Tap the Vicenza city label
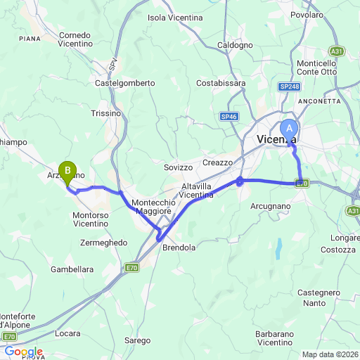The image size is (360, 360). (274, 139)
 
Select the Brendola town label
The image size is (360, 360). (179, 248)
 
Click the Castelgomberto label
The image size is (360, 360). (124, 83)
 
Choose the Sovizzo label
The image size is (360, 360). (178, 167)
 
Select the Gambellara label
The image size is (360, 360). (72, 269)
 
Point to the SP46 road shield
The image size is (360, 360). (229, 116)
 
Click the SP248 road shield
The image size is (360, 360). (288, 86)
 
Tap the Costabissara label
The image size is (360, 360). (221, 83)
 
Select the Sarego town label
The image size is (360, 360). (138, 340)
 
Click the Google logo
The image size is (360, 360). (23, 352)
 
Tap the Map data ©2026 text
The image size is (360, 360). (330, 354)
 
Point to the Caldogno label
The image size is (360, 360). (235, 45)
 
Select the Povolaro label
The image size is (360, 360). (307, 14)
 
